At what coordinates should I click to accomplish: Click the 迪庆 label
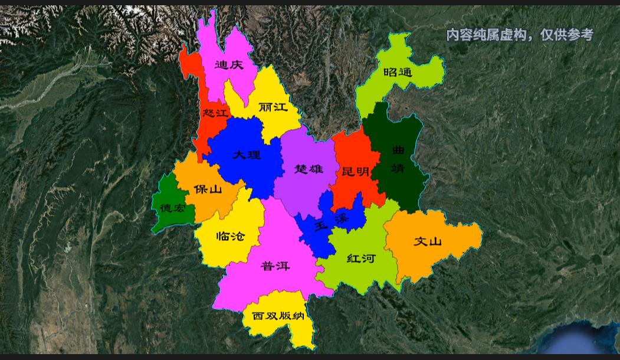point(229,65)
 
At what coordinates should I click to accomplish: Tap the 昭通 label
point(398,73)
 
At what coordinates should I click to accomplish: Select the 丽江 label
point(273,107)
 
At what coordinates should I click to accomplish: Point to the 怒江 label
point(214,113)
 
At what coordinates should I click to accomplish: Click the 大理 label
point(247,155)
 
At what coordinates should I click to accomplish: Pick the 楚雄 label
point(309,169)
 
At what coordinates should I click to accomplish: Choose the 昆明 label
point(355,172)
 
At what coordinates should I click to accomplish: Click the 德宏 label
point(173,208)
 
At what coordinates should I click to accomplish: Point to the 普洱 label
point(275,266)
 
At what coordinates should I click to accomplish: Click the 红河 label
point(361,258)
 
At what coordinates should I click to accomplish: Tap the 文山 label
point(428,241)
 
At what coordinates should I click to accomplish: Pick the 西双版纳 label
point(278,316)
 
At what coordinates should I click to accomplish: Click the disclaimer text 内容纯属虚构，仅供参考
point(519,35)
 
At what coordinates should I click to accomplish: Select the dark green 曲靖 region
point(398,177)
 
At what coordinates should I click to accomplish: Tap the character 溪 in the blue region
point(341,220)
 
